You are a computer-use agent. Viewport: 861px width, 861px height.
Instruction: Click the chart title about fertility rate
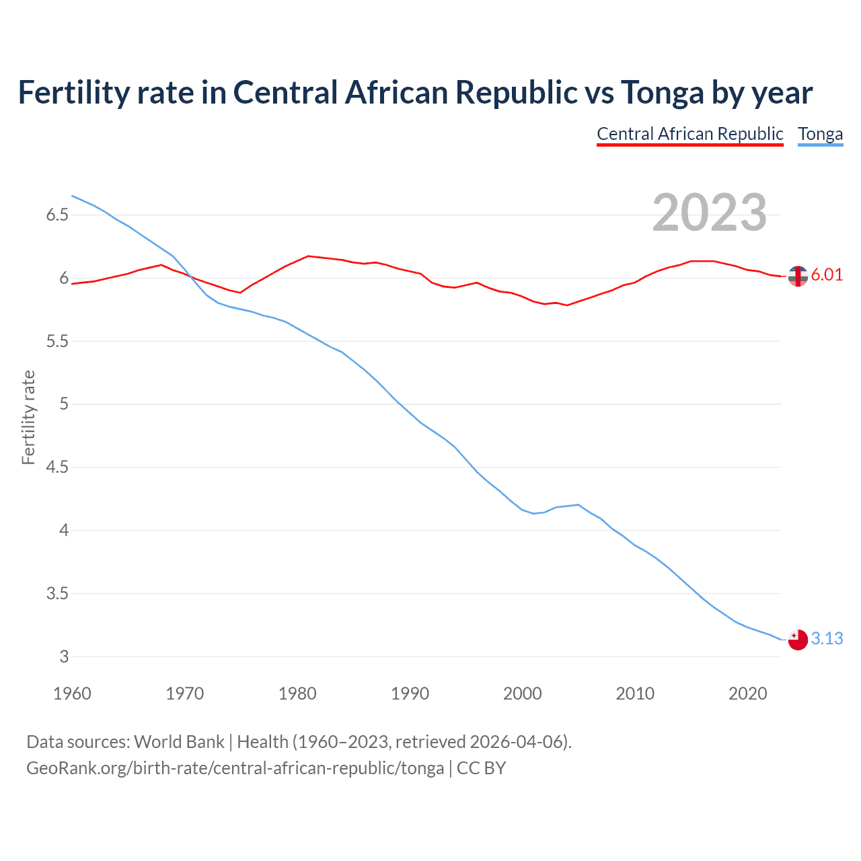415,92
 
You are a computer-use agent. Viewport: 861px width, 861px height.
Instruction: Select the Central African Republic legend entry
690,134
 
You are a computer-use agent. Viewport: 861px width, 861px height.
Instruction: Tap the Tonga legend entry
820,134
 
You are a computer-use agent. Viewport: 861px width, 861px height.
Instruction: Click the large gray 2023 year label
710,213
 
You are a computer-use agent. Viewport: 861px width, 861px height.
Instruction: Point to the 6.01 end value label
827,274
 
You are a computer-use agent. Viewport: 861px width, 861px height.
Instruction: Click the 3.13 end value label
827,638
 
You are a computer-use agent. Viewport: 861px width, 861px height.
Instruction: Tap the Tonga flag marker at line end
798,640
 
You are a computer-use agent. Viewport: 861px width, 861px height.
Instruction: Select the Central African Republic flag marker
798,276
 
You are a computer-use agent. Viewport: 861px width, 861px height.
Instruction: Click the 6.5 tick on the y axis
57,215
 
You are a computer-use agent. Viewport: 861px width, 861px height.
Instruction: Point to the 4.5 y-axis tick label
57,467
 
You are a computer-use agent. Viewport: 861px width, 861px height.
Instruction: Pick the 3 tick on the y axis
65,657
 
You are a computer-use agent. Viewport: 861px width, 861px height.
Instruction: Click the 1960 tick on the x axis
72,694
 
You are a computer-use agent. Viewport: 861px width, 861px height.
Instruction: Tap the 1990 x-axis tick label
410,694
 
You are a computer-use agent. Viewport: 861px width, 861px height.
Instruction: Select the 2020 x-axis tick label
747,694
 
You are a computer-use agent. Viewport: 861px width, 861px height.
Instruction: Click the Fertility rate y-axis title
28,417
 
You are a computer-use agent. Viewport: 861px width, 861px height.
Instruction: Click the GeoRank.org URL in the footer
235,768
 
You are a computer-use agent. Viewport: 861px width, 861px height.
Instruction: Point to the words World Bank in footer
179,742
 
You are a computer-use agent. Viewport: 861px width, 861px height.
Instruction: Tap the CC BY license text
481,768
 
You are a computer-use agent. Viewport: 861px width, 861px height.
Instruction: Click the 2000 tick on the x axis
523,694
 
